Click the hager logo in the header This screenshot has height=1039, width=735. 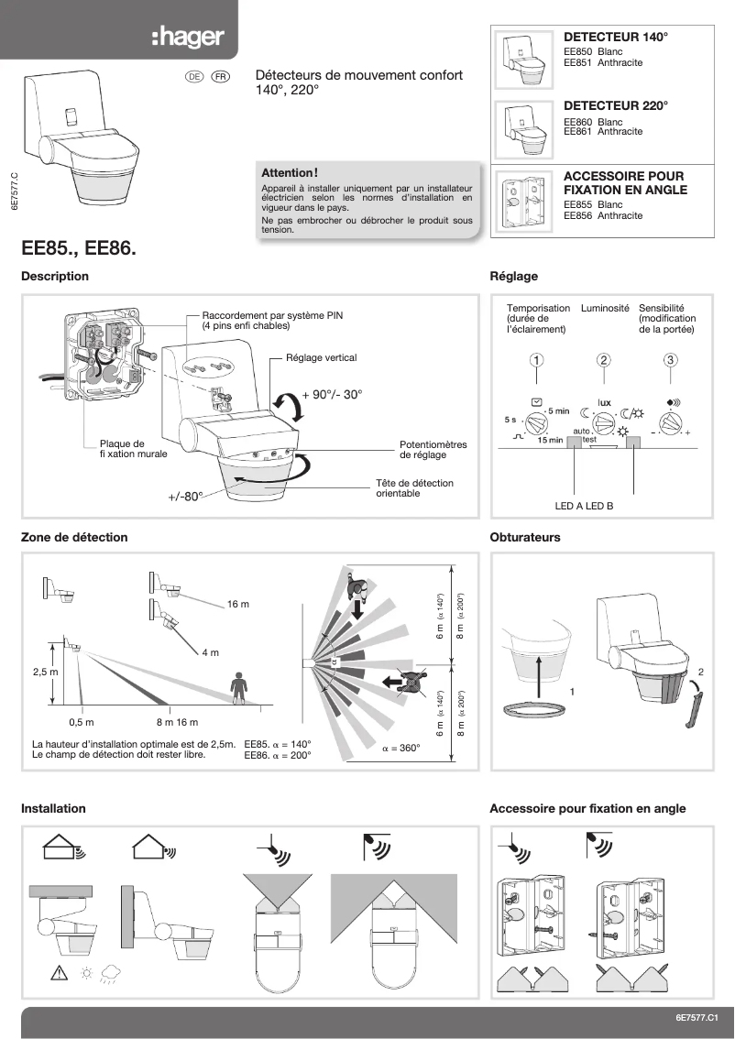pyautogui.click(x=187, y=38)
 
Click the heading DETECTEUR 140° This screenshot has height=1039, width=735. pyautogui.click(x=615, y=38)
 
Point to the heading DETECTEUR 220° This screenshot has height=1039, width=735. pyautogui.click(x=615, y=106)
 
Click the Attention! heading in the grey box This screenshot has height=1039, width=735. pyautogui.click(x=290, y=172)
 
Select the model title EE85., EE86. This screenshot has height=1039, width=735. pyautogui.click(x=79, y=247)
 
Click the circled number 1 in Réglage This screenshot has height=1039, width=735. pyautogui.click(x=537, y=359)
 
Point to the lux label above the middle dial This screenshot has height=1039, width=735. pyautogui.click(x=604, y=402)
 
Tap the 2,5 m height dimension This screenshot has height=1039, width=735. pyautogui.click(x=46, y=672)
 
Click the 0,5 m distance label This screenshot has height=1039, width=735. pyautogui.click(x=82, y=723)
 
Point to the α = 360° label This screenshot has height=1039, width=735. pyautogui.click(x=400, y=748)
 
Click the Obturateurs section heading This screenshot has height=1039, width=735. pyautogui.click(x=525, y=538)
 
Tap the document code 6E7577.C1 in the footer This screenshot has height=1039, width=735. pyautogui.click(x=699, y=1018)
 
